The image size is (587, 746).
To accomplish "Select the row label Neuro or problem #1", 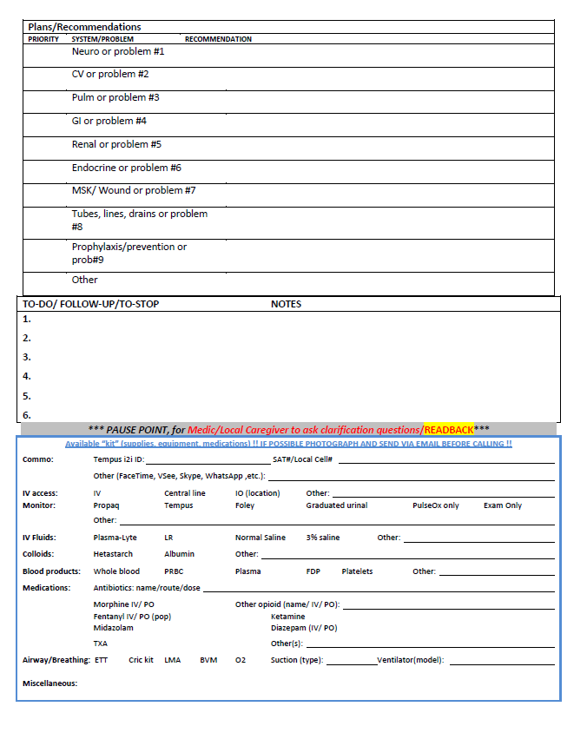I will click(118, 52).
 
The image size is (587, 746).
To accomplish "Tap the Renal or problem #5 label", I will click(116, 144).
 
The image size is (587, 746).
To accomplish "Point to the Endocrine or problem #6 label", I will click(126, 168).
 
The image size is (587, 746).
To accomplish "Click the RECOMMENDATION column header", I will click(218, 39).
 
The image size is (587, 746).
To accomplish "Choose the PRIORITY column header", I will click(43, 39).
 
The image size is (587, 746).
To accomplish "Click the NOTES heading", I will click(286, 305).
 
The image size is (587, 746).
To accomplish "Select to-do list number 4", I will click(27, 376).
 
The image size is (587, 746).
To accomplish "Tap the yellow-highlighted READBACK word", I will click(448, 430).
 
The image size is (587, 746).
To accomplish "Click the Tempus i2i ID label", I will click(118, 459).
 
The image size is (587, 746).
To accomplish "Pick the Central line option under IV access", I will click(185, 493).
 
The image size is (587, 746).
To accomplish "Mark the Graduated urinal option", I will click(336, 505).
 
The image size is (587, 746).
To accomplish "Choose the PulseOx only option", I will click(436, 505).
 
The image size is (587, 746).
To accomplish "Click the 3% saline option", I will click(324, 538).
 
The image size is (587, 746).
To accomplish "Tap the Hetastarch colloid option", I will click(113, 554).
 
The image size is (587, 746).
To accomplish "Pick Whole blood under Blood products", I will click(115, 571).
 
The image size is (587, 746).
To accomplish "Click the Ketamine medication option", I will click(287, 617).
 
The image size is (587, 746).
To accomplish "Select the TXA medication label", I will click(101, 644).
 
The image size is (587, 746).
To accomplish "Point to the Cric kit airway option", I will click(141, 660).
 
